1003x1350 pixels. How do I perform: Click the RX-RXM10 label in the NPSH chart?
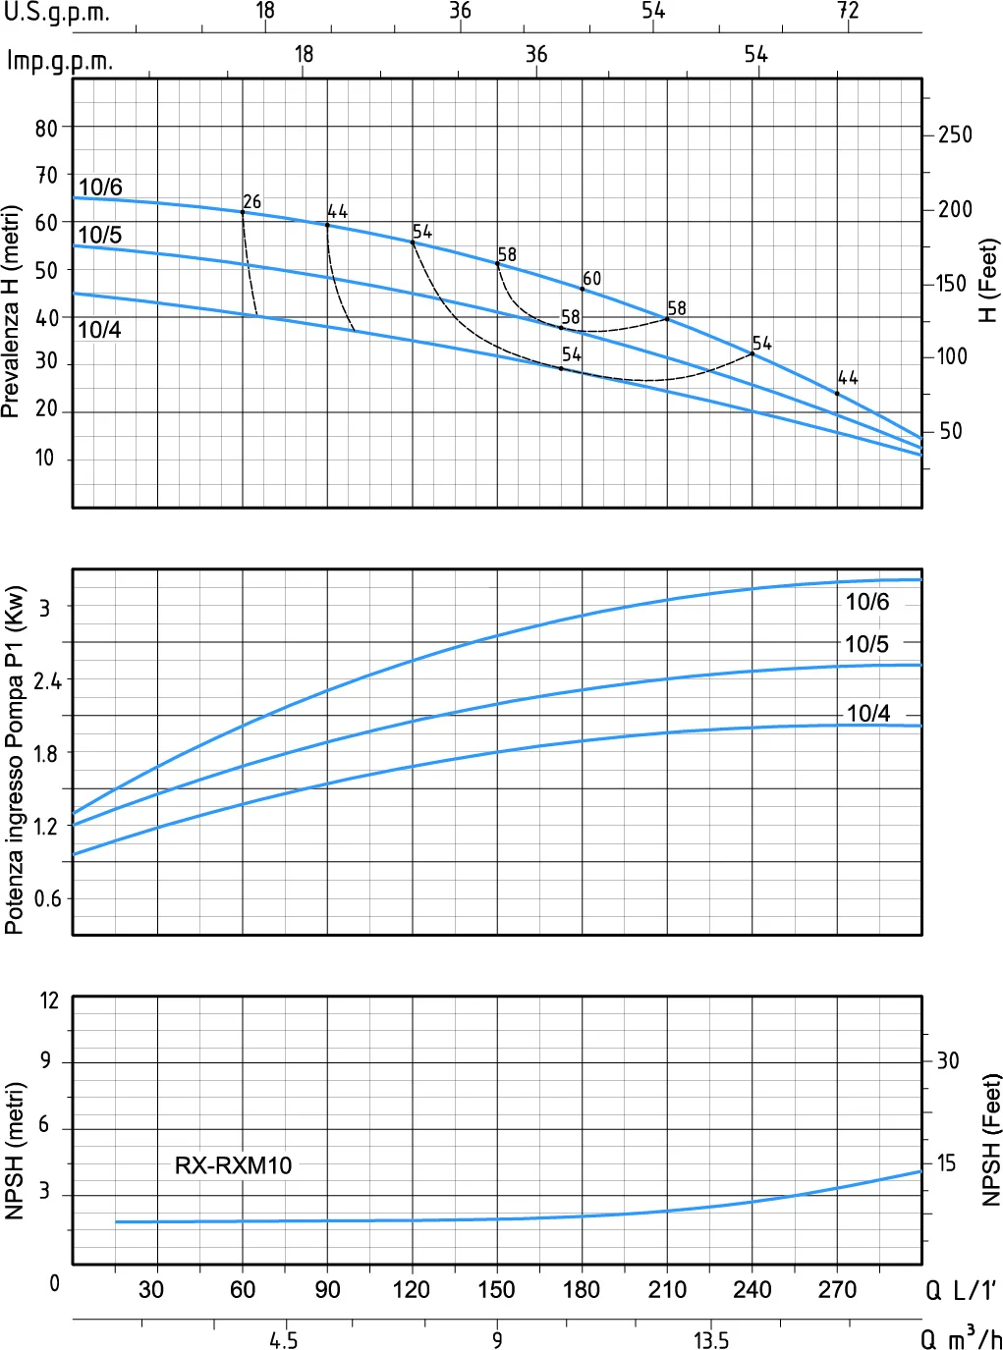pos(233,1165)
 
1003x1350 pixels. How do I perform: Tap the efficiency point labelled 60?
pos(583,289)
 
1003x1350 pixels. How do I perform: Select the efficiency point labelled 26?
pos(243,212)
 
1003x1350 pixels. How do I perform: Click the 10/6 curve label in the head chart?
pos(100,187)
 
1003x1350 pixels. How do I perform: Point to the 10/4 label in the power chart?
pos(868,713)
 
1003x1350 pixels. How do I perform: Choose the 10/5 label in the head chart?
pos(100,235)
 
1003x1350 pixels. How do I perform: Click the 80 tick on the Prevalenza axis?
pos(46,129)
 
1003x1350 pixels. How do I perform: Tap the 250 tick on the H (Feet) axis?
pos(955,135)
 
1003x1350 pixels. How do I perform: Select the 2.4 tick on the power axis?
pos(47,681)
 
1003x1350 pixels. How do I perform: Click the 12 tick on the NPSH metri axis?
pos(49,1001)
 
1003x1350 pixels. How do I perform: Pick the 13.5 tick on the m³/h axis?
pos(710,1339)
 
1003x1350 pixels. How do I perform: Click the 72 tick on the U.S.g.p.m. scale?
pos(848,11)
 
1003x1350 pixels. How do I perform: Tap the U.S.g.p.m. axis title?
pos(57,13)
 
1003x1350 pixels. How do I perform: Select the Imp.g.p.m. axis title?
pos(60,62)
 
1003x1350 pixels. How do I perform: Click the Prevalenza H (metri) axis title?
pos(11,311)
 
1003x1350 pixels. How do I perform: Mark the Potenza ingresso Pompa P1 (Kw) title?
pos(14,760)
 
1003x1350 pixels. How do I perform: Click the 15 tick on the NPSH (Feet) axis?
pos(946,1163)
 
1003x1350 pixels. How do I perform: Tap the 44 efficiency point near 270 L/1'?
pos(837,394)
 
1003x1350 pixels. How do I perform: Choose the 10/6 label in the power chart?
pos(867,601)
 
